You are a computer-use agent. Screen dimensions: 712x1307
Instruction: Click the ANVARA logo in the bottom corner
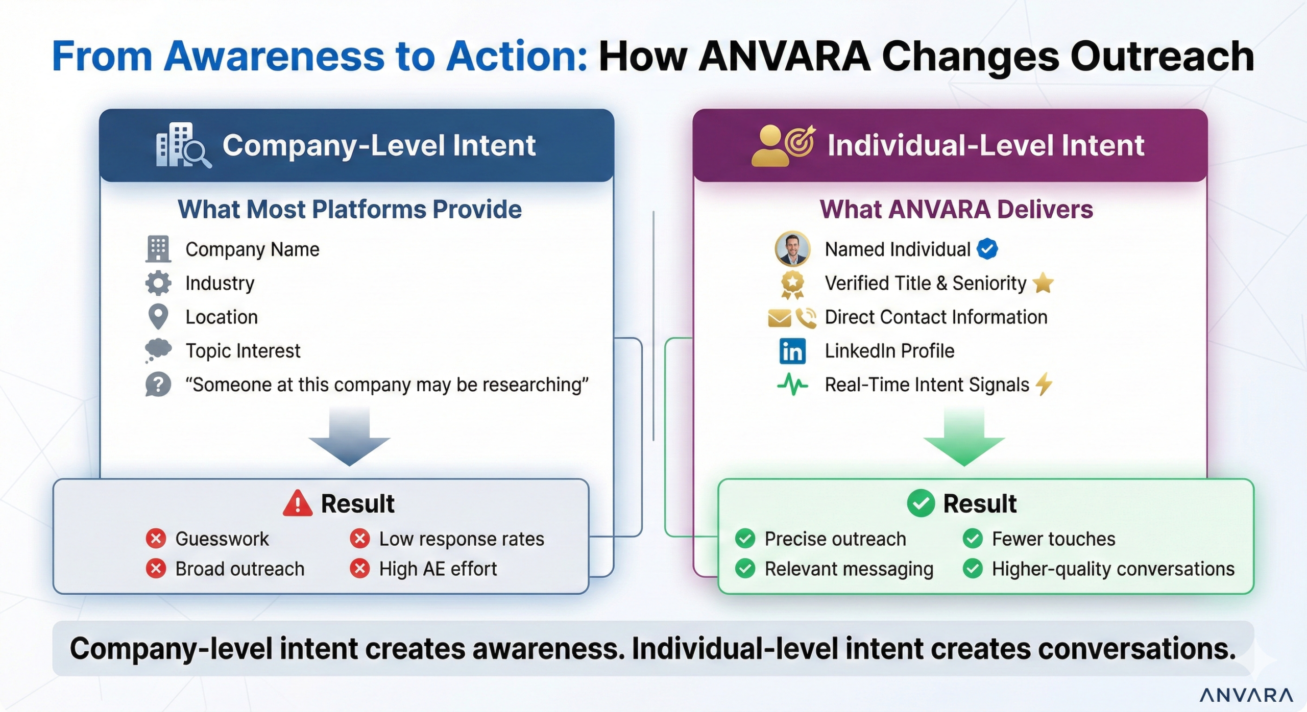[x=1246, y=695]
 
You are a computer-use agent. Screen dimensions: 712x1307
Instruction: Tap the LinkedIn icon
[x=792, y=351]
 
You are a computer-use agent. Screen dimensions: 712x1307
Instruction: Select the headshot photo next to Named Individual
[x=792, y=249]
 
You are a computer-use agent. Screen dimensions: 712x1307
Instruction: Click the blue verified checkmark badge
[x=987, y=249]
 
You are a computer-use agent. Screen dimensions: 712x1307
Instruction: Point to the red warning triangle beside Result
[x=297, y=504]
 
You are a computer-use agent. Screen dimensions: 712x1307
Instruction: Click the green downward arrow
[x=963, y=437]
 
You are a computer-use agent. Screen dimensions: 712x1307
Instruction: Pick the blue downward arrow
[x=349, y=437]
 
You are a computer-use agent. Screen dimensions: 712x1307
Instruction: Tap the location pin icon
[x=158, y=316]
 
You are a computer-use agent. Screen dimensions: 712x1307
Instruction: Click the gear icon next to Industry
[x=158, y=283]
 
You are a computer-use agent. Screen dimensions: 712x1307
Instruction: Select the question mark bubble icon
[x=158, y=384]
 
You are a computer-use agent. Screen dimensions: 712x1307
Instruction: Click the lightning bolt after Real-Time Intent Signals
[x=1044, y=384]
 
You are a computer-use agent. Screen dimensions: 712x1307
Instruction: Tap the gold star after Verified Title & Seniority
[x=1043, y=283]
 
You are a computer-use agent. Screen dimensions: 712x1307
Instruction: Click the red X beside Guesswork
[x=156, y=539]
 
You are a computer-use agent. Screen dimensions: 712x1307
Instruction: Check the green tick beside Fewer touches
[x=973, y=539]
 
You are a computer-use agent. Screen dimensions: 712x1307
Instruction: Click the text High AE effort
[x=438, y=569]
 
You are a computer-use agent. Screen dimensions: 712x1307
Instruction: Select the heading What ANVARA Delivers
[x=956, y=210]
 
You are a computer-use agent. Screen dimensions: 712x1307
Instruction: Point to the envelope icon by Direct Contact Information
[x=779, y=318]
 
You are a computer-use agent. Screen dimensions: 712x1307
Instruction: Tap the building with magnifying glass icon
[x=182, y=145]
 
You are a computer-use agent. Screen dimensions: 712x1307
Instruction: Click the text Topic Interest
[x=243, y=351]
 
